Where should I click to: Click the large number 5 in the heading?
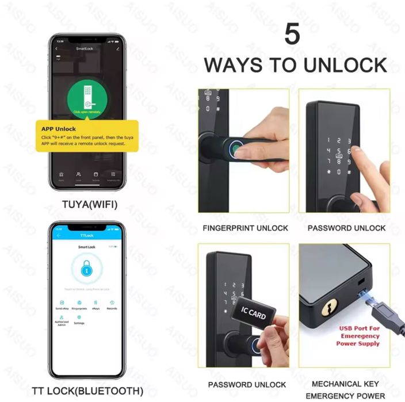[292, 34]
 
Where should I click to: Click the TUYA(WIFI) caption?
[86, 203]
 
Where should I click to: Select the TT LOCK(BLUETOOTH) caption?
[87, 391]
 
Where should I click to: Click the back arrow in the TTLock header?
[59, 236]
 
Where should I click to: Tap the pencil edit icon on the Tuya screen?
[117, 49]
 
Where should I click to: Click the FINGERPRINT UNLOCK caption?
[246, 228]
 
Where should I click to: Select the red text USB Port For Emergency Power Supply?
[360, 336]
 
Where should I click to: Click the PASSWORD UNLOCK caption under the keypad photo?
[346, 228]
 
